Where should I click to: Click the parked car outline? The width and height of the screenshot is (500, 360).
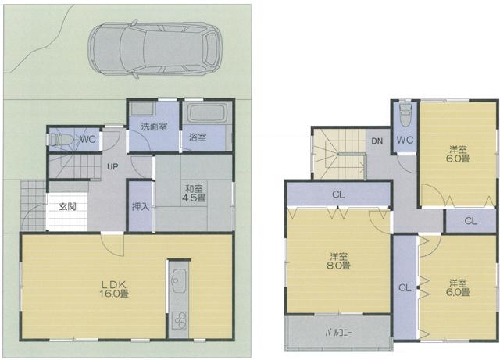[154, 51]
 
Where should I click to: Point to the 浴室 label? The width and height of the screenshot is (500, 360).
[198, 137]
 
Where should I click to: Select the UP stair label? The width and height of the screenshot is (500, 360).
[113, 167]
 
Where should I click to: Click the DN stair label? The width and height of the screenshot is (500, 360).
[377, 141]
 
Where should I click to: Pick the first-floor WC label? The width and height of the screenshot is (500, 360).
[87, 140]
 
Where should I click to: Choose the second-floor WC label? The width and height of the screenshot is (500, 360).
[404, 141]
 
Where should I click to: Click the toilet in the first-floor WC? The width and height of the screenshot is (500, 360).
[60, 141]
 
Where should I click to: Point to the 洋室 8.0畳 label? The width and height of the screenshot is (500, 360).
[338, 260]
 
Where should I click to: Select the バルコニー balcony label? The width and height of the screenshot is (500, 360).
[337, 332]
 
